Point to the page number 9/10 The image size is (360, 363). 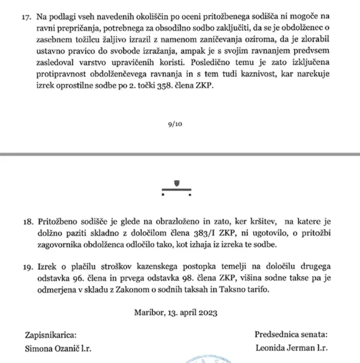175,124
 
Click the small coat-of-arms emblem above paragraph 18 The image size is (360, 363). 176,184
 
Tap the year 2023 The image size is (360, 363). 206,313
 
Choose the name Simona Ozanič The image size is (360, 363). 52,348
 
